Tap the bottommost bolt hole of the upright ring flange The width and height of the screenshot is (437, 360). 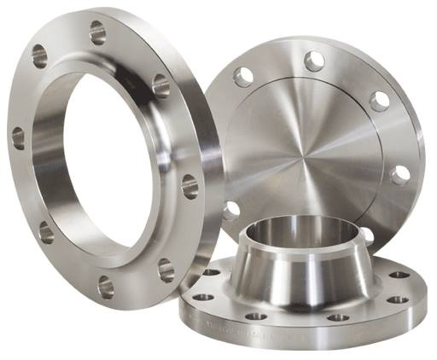click(106, 286)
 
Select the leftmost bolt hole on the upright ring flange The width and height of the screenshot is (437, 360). click(18, 137)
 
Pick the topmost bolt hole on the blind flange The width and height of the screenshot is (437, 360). click(314, 61)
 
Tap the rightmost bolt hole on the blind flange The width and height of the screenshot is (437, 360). click(399, 176)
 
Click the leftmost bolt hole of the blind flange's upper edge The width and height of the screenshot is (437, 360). click(243, 77)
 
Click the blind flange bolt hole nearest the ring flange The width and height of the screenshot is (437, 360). click(231, 209)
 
